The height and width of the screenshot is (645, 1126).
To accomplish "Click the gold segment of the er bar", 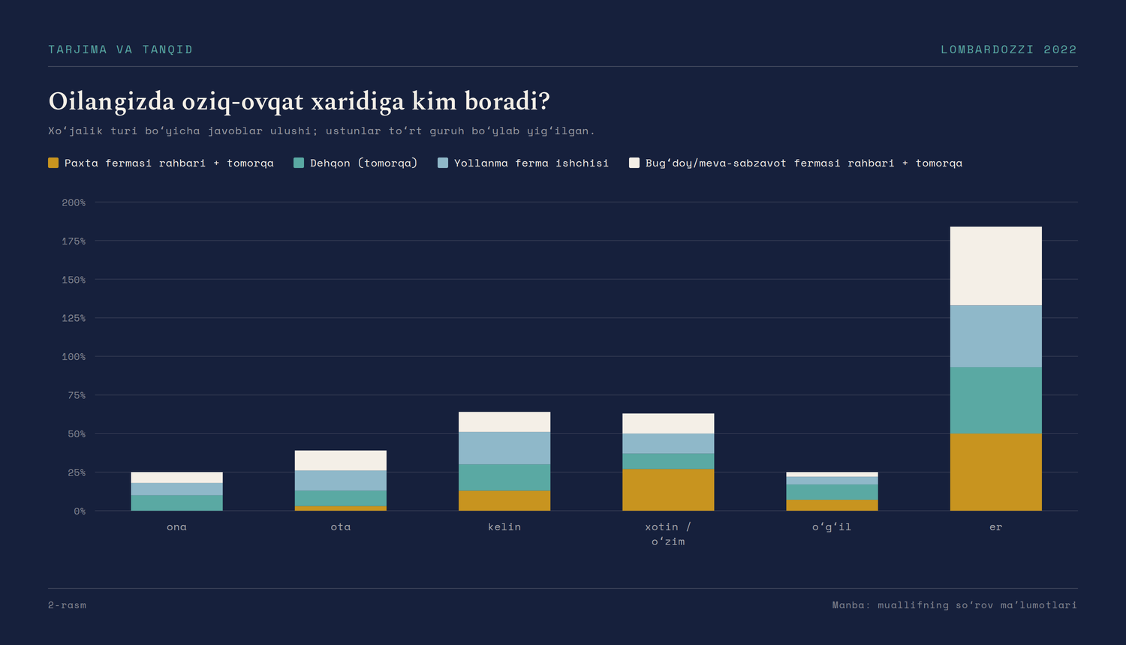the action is [x=995, y=472].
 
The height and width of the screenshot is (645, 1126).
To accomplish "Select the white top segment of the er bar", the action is [x=995, y=265].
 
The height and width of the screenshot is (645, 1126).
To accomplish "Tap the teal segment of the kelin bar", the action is [x=504, y=477].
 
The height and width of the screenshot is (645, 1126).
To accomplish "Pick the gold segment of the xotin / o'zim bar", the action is [x=668, y=490].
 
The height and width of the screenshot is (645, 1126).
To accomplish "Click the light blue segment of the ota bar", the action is [x=340, y=480].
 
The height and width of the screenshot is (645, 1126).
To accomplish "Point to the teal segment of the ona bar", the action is [x=176, y=502].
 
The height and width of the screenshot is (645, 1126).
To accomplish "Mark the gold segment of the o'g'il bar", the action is [x=832, y=505].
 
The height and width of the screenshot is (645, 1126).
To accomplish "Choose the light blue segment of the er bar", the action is [x=995, y=336].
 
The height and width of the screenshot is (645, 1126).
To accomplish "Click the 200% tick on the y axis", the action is [x=74, y=202].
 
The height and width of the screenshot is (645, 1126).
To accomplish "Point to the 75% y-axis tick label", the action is [x=77, y=395].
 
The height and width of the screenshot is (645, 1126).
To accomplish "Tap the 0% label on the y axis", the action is [x=80, y=511].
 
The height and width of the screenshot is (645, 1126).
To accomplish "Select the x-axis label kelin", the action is [x=504, y=526].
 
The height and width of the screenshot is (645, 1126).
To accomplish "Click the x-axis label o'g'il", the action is [x=832, y=527].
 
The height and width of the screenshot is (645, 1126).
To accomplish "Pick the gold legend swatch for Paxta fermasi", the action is [x=53, y=163].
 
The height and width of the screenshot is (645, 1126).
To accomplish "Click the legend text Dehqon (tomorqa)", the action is [x=364, y=163].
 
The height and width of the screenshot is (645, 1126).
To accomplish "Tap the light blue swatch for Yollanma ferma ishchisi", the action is [x=443, y=163].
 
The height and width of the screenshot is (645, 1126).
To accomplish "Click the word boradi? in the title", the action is [x=507, y=101].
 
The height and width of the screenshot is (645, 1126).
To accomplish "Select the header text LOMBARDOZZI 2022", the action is [x=1009, y=49].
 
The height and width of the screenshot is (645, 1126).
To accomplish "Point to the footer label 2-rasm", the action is [x=67, y=604].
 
